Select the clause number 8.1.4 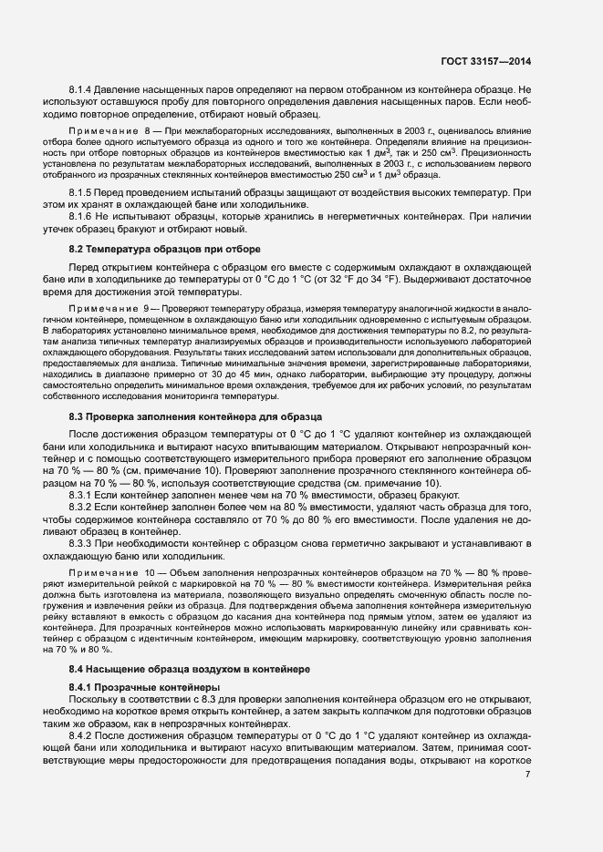pyautogui.click(x=83, y=90)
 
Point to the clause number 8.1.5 pyautogui.click(x=83, y=194)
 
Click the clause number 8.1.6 pyautogui.click(x=83, y=218)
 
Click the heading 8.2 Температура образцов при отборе pyautogui.click(x=165, y=249)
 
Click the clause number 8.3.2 pyautogui.click(x=83, y=505)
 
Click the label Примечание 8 pyautogui.click(x=113, y=133)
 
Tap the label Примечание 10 pyautogui.click(x=115, y=570)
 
